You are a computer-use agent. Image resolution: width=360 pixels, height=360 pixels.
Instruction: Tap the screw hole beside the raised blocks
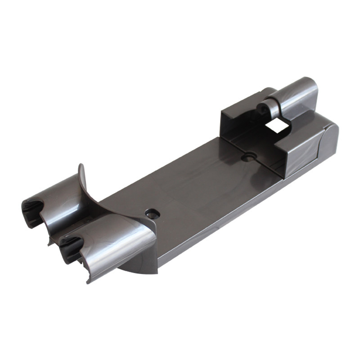point(247,157)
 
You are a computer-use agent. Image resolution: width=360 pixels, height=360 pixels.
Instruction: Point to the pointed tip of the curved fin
point(80,166)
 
